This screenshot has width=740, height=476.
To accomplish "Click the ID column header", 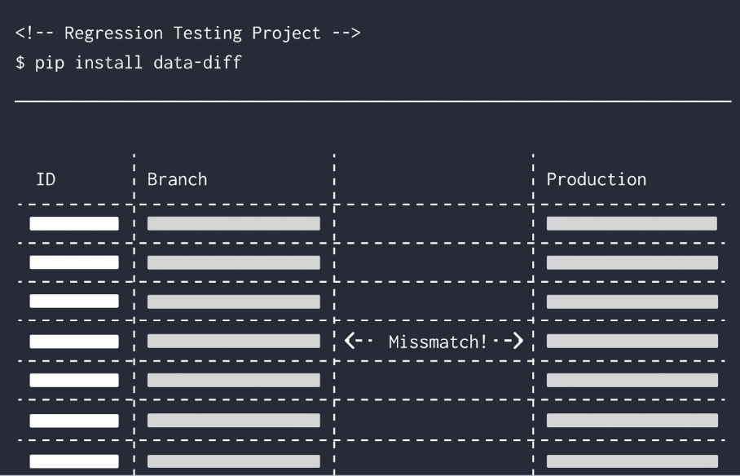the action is [46, 179].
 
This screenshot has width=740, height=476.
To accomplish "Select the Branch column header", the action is [177, 179].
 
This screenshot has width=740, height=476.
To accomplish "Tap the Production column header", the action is [596, 179].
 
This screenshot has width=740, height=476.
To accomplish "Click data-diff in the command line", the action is [197, 63].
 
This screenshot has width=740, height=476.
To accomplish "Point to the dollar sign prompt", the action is [20, 63].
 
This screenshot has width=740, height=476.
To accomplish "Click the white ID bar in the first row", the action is [74, 223].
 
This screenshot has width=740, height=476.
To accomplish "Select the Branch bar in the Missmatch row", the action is [233, 341].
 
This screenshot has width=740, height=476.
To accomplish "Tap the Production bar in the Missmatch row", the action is [632, 341].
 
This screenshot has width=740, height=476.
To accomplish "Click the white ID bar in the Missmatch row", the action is [74, 341].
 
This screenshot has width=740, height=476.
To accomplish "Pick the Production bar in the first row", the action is [632, 223].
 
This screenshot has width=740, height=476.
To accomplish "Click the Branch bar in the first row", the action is [233, 223].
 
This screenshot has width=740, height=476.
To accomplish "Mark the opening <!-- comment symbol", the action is [35, 34].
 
